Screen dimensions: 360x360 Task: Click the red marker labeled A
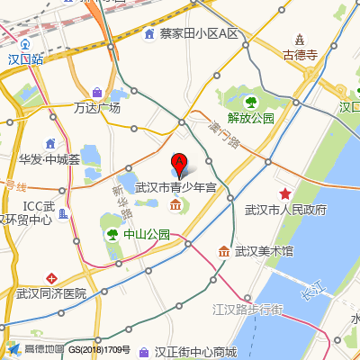[179, 165]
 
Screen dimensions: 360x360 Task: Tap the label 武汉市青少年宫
[175, 188]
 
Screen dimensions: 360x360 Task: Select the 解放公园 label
[251, 117]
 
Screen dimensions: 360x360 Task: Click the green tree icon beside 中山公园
[112, 234]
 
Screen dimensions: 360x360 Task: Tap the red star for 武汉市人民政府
[285, 193]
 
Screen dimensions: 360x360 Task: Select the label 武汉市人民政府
[285, 210]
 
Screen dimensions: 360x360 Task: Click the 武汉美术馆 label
[264, 251]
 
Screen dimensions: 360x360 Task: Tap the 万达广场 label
[97, 108]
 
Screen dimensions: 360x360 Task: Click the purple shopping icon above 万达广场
[97, 92]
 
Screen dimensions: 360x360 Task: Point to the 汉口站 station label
[26, 58]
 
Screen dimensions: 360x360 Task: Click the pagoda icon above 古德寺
[301, 38]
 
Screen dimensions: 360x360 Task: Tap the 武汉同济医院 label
[51, 292]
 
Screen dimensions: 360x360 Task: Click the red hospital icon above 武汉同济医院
[51, 276]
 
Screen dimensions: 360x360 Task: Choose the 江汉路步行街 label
[247, 310]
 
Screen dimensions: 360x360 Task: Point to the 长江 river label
[312, 292]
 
